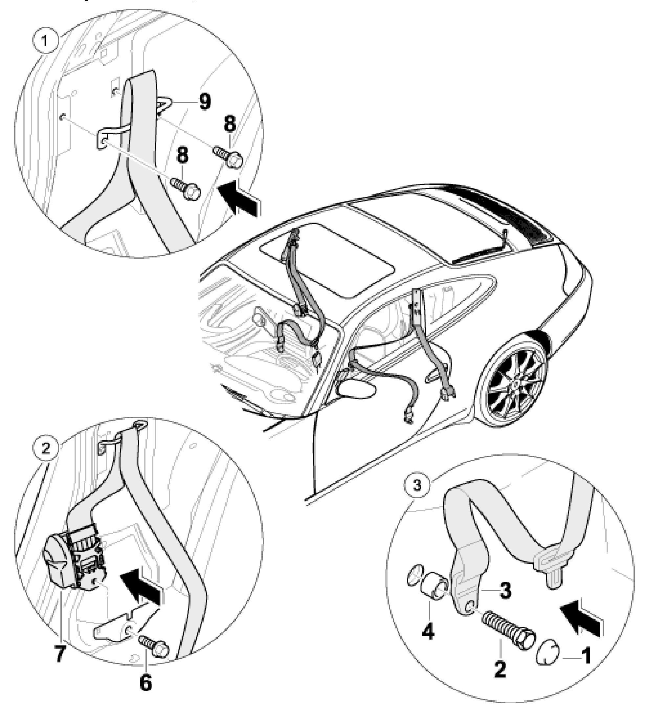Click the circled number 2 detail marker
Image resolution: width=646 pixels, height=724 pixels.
pos(46,449)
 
